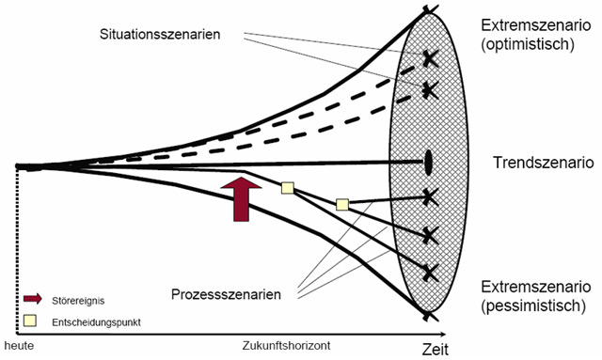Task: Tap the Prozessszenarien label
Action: pos(226,295)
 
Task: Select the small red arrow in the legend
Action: pos(32,301)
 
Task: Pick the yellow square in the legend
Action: pos(32,321)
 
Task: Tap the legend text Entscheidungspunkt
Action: pos(92,322)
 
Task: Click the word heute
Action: pos(16,347)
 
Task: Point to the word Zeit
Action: pos(431,350)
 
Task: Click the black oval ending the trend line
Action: pos(428,163)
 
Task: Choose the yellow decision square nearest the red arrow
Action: pos(288,188)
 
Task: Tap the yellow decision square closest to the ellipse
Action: pos(342,203)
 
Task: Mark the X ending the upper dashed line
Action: pos(430,57)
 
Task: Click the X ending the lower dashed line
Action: pos(430,89)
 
